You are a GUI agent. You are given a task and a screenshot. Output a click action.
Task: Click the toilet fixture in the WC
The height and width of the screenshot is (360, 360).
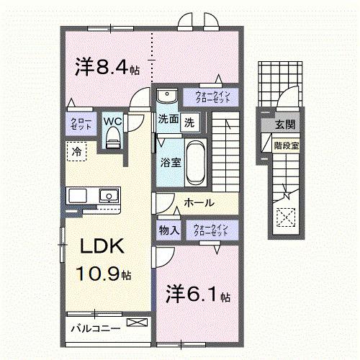point(112,141)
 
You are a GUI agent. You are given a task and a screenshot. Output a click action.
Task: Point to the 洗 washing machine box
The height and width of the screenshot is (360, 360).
point(189,122)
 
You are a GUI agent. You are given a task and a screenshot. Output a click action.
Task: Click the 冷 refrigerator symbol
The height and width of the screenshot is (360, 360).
point(76,152)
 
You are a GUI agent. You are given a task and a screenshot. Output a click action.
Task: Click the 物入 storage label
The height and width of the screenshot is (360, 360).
point(168,231)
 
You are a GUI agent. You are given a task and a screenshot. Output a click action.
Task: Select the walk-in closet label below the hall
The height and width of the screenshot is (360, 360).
point(210,230)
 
